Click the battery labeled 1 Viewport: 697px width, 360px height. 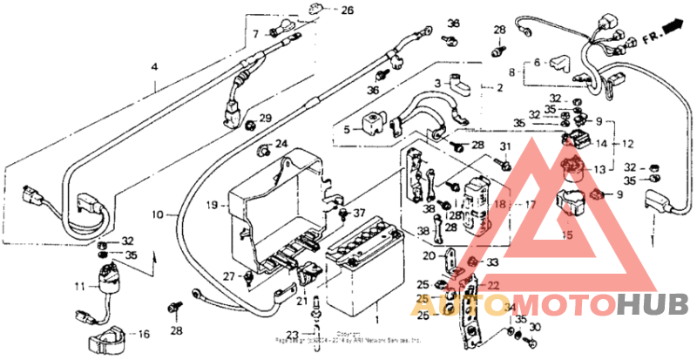(x=362, y=275)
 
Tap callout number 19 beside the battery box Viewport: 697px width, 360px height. (x=212, y=206)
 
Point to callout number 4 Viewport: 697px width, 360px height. (x=154, y=66)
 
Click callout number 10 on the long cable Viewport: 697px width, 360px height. (x=159, y=214)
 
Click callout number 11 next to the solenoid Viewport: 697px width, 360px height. (x=78, y=285)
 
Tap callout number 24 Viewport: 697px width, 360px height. (x=281, y=143)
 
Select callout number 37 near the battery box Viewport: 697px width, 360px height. (x=355, y=213)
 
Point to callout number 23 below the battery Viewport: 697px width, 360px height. (x=291, y=334)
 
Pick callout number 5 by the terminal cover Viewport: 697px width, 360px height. (x=346, y=129)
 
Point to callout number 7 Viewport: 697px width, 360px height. (x=256, y=34)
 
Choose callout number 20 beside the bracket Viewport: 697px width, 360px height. (x=428, y=256)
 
